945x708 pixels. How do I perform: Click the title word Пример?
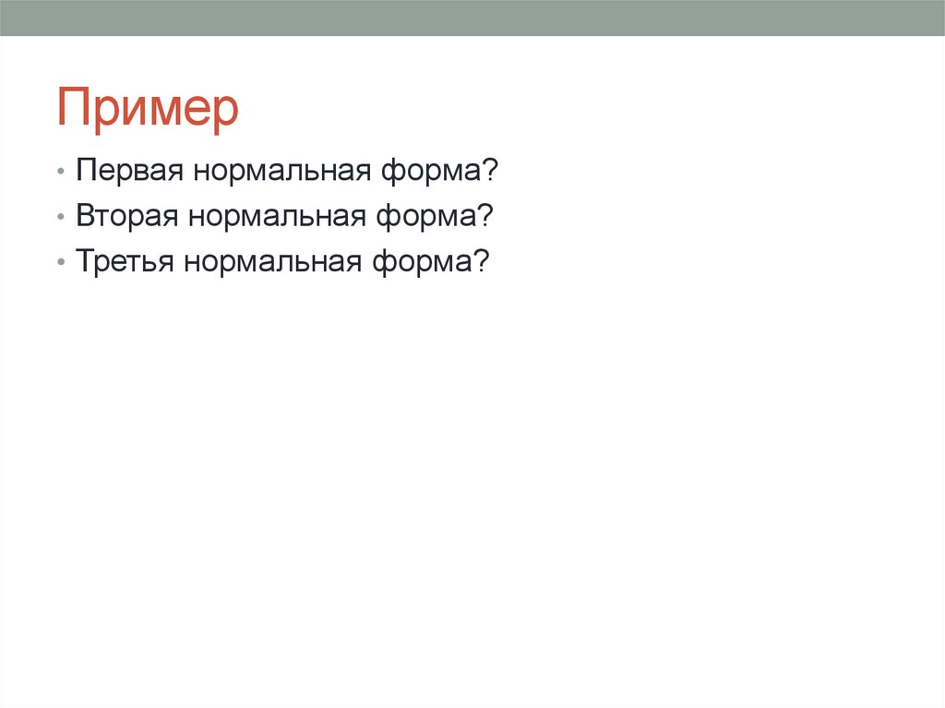(x=148, y=109)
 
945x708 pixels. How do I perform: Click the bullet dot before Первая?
(x=60, y=174)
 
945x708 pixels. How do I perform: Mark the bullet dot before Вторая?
(x=60, y=219)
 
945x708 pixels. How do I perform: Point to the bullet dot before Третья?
(x=60, y=263)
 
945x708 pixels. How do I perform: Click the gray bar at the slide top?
(x=472, y=18)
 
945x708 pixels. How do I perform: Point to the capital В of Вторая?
(x=84, y=217)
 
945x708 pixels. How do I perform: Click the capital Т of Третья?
(x=84, y=261)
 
